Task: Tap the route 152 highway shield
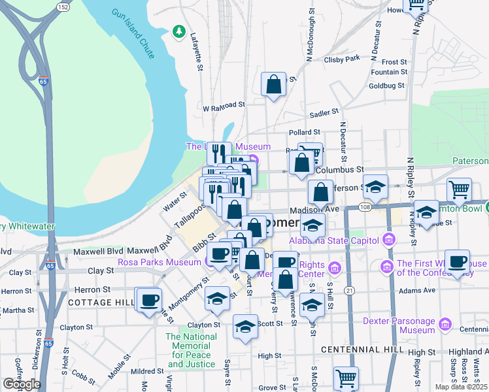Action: coord(63,7)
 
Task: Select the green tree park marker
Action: coord(178,31)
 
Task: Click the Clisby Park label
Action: coord(342,59)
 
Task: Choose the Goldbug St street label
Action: coord(388,86)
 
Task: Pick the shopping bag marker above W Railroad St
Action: coord(273,85)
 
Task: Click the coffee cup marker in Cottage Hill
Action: coord(150,300)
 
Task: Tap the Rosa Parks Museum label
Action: coord(160,263)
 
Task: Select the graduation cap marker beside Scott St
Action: coord(246,327)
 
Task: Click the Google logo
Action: coord(22,384)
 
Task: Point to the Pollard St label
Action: coord(303,133)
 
